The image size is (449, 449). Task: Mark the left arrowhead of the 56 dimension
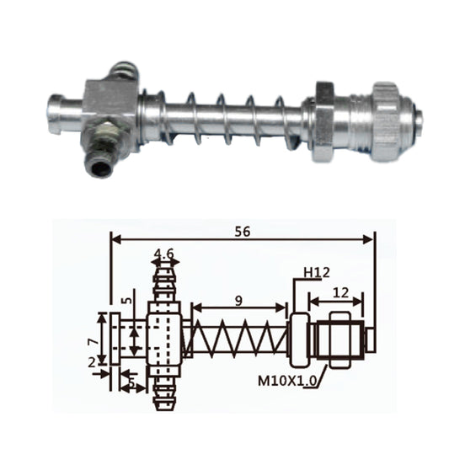click(115, 239)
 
